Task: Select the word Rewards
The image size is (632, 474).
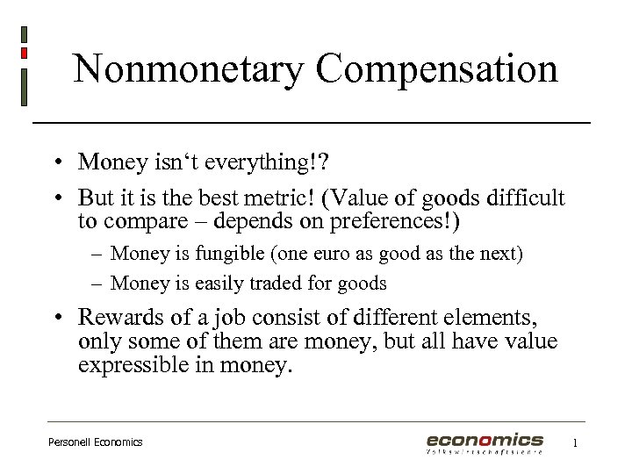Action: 124,316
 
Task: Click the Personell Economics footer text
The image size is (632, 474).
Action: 95,442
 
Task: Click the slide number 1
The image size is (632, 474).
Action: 575,443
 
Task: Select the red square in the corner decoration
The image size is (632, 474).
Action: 24,53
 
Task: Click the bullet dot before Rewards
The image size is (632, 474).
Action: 55,317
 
